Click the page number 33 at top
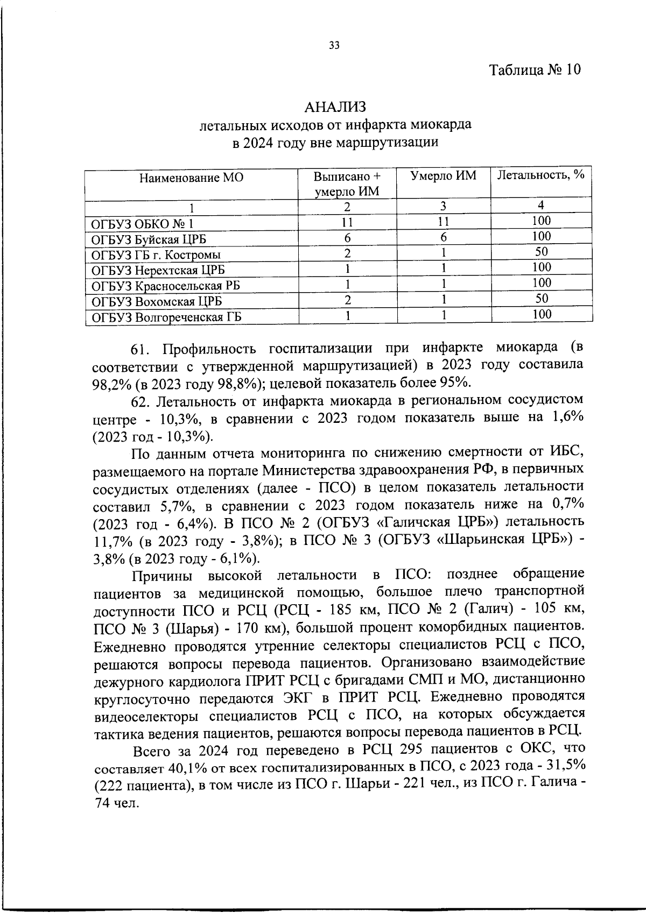[x=334, y=46]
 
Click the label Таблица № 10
[x=535, y=70]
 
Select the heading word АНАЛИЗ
[x=335, y=108]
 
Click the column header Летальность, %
[x=541, y=175]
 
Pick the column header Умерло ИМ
[x=443, y=175]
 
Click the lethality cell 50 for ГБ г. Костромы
[x=542, y=252]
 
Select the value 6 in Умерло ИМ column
[x=444, y=237]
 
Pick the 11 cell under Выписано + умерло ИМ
[x=347, y=222]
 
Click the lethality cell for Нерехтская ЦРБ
[x=542, y=267]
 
